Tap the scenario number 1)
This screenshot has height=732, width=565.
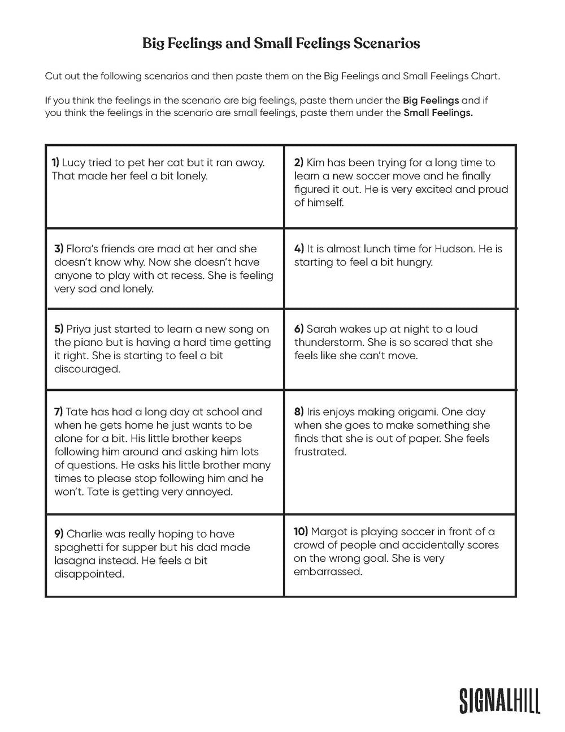click(55, 162)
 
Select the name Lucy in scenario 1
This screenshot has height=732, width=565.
click(74, 162)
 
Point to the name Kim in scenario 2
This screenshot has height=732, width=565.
click(315, 162)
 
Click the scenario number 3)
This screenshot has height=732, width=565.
click(59, 248)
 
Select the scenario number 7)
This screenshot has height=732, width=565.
click(59, 412)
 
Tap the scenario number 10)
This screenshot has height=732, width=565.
click(301, 531)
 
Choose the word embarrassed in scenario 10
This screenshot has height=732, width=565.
click(327, 571)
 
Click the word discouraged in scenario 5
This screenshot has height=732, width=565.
click(87, 369)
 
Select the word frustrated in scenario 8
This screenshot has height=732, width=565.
click(320, 452)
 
